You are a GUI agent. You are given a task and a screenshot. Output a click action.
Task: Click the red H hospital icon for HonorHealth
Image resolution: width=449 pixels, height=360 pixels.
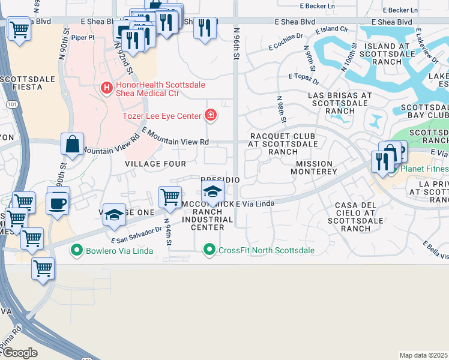pos(107,88)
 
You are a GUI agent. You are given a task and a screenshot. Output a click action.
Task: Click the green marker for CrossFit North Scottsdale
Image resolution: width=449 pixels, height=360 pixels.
pos(209,249)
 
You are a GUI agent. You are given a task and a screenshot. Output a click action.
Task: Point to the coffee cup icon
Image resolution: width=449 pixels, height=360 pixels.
pos(58,202)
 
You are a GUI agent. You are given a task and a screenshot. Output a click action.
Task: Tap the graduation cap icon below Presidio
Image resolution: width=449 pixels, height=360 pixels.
pos(212,193)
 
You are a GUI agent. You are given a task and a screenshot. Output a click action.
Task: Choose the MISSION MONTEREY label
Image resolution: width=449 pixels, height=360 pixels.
pos(313,167)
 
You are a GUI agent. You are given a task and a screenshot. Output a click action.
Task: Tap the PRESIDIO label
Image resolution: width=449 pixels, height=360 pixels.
pos(220,180)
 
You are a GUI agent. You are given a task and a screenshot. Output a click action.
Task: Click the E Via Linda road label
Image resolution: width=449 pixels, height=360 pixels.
pos(255,204)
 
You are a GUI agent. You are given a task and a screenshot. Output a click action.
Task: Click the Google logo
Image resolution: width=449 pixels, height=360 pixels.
pos(20,353)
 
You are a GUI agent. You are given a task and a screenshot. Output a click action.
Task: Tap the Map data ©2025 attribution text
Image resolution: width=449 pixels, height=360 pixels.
pos(424,355)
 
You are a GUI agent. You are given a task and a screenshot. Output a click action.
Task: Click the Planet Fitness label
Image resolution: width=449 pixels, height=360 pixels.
pos(424,169)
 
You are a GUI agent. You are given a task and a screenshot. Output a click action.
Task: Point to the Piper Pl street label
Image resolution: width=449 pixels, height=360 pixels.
pos(83,37)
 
